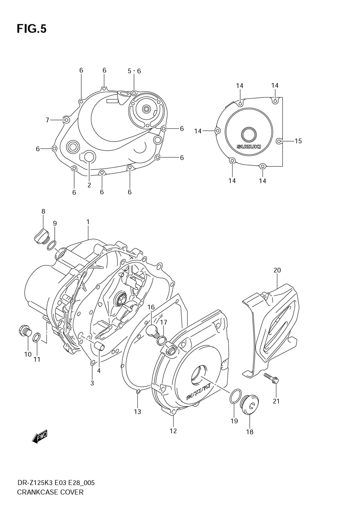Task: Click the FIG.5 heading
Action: point(32,29)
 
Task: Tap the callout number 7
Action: point(47,120)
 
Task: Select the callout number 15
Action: point(298,141)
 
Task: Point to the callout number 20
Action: point(277,270)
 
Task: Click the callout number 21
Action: point(276,401)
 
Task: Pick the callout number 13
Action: point(138,412)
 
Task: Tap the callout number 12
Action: point(173,431)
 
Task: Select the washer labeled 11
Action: point(36,339)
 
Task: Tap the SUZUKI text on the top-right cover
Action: point(249,147)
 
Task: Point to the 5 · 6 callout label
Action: point(134,71)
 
